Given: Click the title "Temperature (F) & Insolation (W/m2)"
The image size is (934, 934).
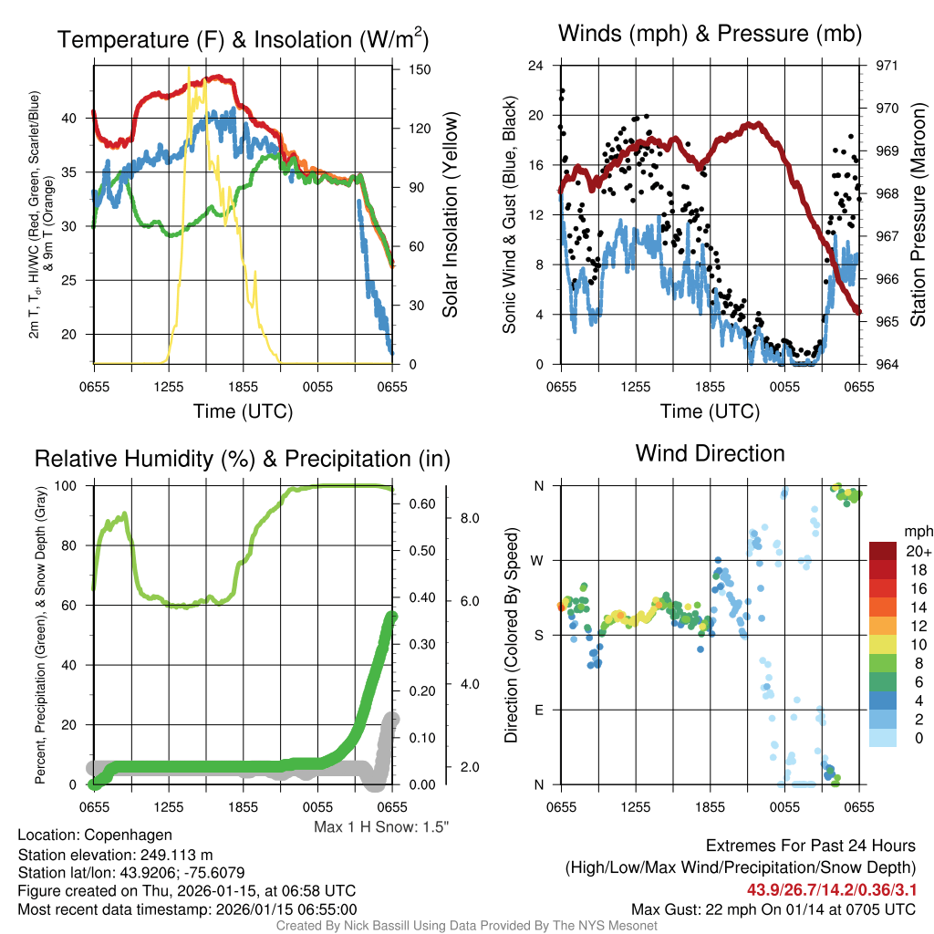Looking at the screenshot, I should (x=243, y=39).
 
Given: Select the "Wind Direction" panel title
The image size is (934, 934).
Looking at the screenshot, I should (x=710, y=453).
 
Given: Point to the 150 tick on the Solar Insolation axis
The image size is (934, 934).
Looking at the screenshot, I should (x=408, y=69).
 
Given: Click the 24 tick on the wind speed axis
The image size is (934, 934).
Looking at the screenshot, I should (x=536, y=66).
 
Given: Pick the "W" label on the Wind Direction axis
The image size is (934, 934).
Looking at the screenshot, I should (x=538, y=560).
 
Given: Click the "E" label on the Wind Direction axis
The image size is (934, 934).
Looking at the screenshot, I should (x=539, y=710).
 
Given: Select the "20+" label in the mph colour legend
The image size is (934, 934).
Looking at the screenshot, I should (x=916, y=551).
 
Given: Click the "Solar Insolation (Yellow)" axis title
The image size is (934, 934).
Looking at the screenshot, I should (x=450, y=215).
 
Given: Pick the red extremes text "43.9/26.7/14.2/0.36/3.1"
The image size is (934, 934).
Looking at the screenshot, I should (x=831, y=889).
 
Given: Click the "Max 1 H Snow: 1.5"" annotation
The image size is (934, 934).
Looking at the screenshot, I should (x=381, y=826).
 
